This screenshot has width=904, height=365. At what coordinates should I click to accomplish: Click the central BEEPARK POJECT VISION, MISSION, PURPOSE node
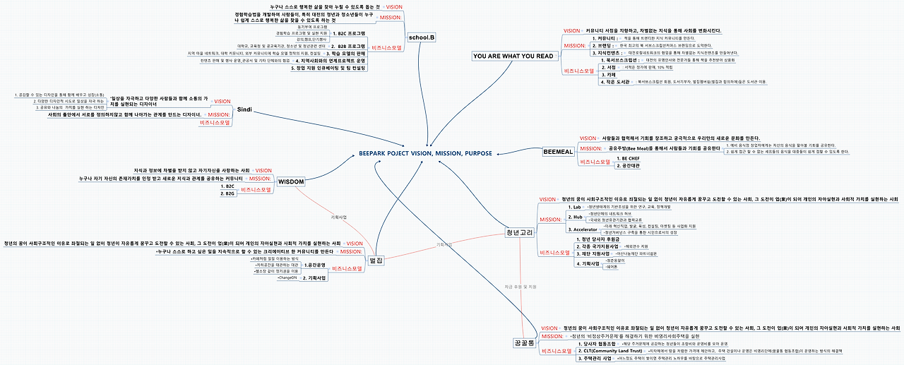424,153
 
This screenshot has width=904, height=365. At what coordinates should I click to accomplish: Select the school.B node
422,37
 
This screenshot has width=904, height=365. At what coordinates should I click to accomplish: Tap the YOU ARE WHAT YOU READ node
513,56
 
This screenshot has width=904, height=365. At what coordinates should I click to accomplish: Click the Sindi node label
244,109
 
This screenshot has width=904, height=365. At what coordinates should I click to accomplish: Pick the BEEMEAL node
558,152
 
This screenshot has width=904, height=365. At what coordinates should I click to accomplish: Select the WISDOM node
291,181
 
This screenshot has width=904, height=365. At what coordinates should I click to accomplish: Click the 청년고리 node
518,232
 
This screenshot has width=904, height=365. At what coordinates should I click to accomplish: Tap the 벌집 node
376,261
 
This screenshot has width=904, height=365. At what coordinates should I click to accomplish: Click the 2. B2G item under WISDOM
230,193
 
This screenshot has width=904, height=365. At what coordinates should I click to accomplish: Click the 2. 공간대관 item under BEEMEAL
631,166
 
